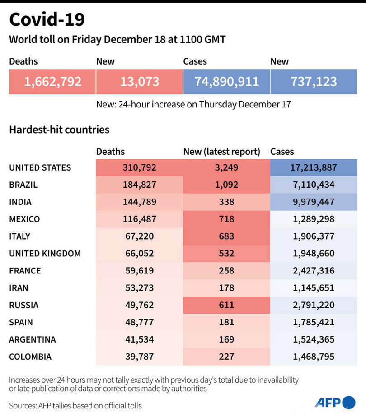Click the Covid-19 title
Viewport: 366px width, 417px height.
[47, 20]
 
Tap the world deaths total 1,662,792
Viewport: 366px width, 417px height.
[53, 82]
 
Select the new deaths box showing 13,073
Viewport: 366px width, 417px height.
[140, 82]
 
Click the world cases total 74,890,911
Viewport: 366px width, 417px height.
[227, 82]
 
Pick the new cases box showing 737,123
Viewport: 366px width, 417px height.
[314, 82]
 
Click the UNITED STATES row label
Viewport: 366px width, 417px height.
[40, 167]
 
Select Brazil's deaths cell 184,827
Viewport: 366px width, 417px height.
[140, 185]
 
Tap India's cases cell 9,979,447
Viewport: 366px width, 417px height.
[314, 202]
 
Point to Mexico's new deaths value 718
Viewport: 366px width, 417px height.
[226, 219]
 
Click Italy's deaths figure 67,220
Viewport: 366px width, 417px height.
[140, 236]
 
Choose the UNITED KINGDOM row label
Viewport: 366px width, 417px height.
[45, 253]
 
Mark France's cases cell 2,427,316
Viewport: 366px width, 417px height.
[314, 270]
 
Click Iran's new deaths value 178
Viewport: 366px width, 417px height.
[226, 287]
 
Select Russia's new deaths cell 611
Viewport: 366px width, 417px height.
[226, 305]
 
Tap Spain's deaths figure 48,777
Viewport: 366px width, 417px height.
[140, 322]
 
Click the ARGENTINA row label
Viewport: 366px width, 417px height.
[33, 339]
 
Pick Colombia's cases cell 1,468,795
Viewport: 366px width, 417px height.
[314, 357]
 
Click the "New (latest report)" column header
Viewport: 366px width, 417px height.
[222, 152]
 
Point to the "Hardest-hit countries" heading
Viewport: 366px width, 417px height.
[59, 130]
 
